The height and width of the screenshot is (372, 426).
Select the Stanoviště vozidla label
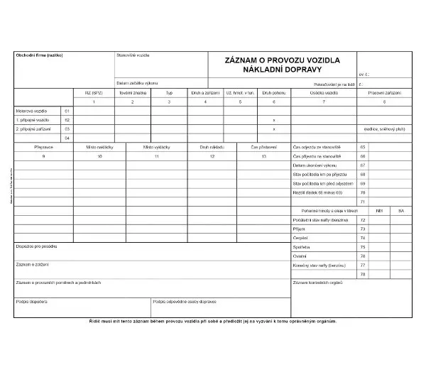(x=133, y=55)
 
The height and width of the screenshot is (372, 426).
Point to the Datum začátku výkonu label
(x=137, y=83)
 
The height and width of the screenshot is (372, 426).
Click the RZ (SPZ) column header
(x=94, y=92)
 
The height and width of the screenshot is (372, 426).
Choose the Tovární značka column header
(x=131, y=92)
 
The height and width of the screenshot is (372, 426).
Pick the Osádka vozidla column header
(x=324, y=92)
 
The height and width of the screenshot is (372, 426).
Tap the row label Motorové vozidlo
(x=31, y=111)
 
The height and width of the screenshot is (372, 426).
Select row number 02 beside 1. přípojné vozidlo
(x=67, y=120)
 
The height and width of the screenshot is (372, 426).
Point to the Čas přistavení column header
(x=264, y=146)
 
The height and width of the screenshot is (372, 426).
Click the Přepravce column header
(x=44, y=146)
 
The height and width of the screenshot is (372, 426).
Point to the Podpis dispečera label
(x=31, y=301)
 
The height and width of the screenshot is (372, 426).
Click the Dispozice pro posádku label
(x=35, y=246)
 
